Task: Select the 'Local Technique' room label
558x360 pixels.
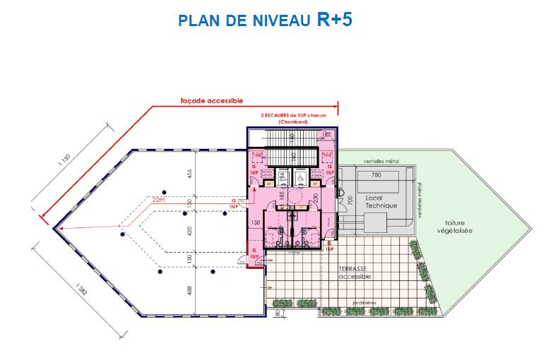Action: click(x=381, y=201)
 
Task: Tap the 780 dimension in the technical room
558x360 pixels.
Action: click(x=376, y=175)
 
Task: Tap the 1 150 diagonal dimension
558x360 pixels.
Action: click(x=69, y=169)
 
